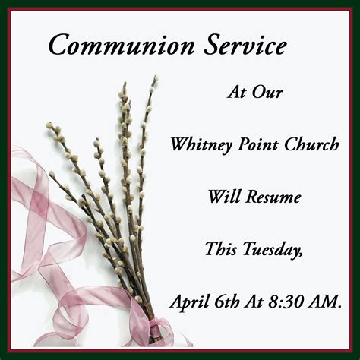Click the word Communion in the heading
[x=122, y=45]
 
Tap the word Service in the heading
[x=245, y=45]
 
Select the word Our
[x=267, y=92]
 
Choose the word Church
[x=311, y=144]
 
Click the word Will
[x=223, y=197]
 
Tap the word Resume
[x=273, y=197]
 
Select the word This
[x=221, y=249]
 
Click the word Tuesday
[x=273, y=250]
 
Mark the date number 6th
[x=227, y=302]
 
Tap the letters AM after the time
[x=321, y=302]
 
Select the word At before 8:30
[x=254, y=302]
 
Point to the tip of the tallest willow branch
[x=155, y=76]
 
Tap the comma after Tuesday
[x=300, y=256]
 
